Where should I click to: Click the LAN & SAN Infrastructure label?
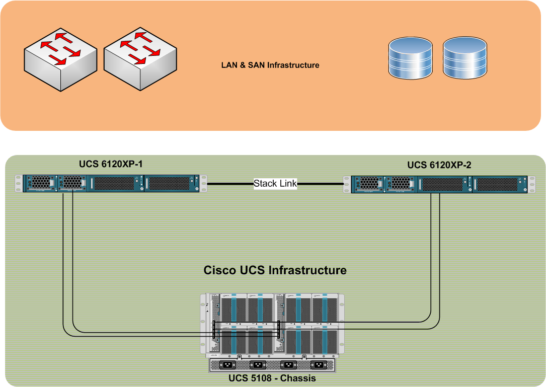tap(270, 65)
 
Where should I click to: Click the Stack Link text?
tap(275, 184)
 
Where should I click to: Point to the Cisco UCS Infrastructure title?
tap(275, 270)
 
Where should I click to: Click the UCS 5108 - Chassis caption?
tap(272, 378)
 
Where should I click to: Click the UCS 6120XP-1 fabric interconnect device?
tap(111, 183)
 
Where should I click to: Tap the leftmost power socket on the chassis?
tap(227, 365)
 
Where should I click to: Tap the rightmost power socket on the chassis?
tap(318, 365)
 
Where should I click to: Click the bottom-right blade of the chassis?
tap(324, 340)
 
